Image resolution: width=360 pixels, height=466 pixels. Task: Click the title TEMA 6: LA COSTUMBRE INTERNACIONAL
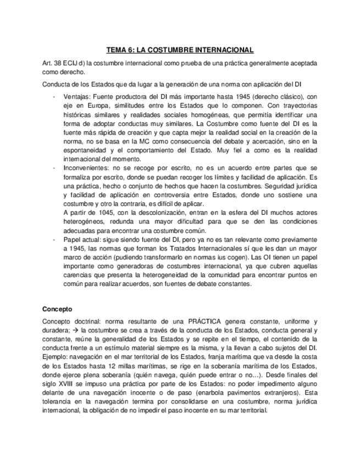point(180,50)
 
